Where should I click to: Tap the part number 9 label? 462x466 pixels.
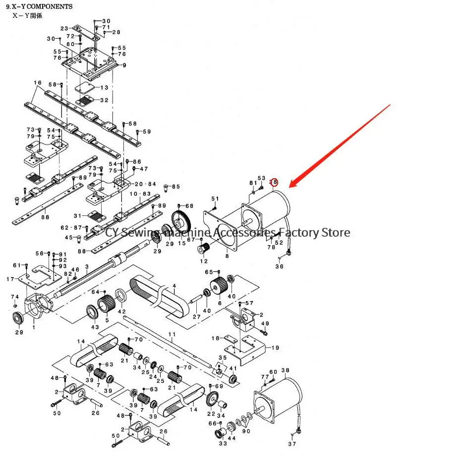pos(124,65)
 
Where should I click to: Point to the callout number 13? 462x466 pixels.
pos(104,88)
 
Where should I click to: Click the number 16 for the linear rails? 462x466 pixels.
pos(38,83)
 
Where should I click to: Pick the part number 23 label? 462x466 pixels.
pos(64,28)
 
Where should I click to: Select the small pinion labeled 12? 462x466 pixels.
pos(204,248)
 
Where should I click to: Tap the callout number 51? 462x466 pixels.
pos(215,199)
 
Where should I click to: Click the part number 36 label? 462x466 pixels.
pos(280,266)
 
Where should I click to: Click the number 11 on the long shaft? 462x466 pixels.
pos(172,335)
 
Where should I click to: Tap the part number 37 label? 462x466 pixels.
pos(292,444)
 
